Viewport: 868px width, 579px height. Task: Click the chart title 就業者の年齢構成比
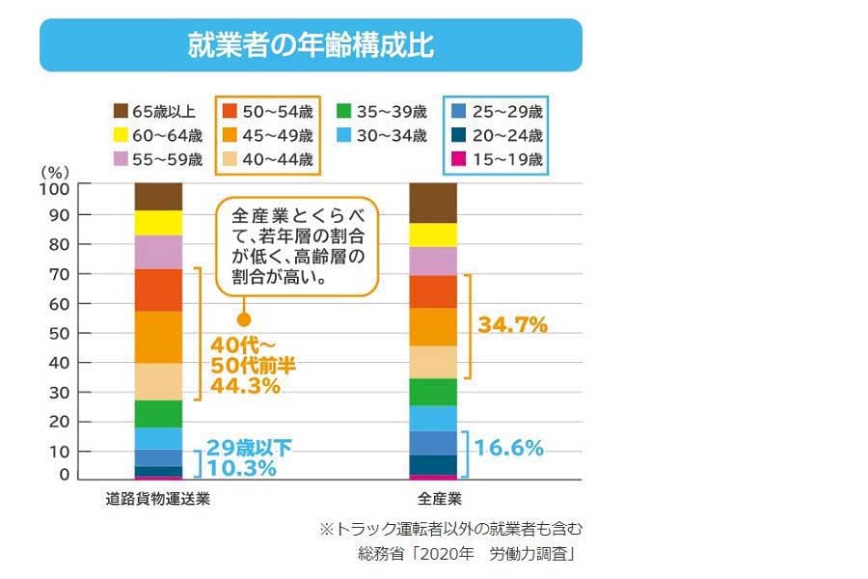[x=310, y=45]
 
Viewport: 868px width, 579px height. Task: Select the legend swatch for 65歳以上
[x=122, y=110]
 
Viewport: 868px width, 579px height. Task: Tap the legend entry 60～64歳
[x=159, y=134]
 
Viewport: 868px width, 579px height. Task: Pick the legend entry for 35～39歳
[x=384, y=110]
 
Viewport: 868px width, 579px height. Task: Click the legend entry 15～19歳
[x=498, y=159]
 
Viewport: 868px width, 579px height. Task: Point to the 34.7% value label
[x=512, y=325]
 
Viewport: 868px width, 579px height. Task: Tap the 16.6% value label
[x=511, y=448]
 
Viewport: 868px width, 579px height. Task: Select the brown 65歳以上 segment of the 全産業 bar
[x=433, y=203]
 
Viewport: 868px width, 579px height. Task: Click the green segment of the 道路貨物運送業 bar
[x=158, y=413]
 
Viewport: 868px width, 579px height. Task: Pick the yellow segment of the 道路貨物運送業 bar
[x=158, y=223]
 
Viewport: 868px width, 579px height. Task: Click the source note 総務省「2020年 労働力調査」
[x=466, y=555]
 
